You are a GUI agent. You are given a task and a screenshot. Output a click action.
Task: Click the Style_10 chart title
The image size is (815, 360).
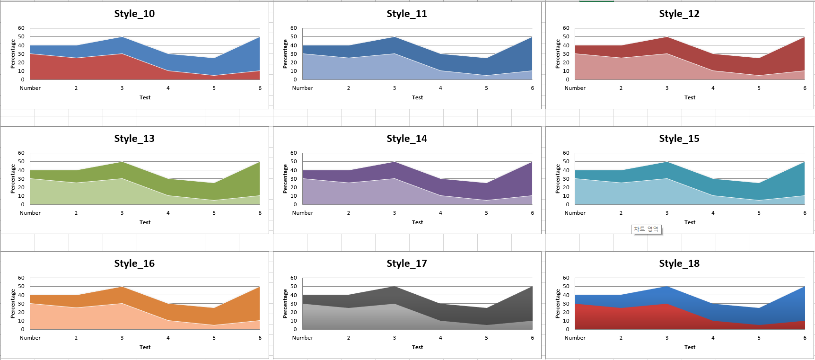click(134, 14)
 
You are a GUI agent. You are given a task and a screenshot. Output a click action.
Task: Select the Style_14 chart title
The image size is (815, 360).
click(407, 139)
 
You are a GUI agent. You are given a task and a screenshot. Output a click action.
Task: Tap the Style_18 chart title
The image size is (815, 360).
click(679, 263)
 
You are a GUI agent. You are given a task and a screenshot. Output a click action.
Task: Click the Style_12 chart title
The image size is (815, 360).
click(679, 14)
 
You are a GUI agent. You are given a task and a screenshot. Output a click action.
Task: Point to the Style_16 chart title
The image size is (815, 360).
click(134, 263)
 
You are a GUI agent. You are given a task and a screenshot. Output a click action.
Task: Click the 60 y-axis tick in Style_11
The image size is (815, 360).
click(294, 28)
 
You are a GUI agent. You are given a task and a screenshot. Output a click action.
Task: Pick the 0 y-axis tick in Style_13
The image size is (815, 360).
click(23, 205)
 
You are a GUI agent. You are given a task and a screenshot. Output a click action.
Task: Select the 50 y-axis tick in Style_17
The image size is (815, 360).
click(294, 286)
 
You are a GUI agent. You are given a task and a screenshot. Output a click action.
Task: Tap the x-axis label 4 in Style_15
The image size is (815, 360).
click(713, 213)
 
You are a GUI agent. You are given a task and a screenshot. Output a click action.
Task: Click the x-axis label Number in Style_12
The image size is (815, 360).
click(575, 88)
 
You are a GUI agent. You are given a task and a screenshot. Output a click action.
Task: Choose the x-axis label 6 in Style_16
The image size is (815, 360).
click(260, 338)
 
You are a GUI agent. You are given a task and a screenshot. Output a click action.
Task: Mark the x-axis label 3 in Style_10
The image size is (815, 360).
click(122, 88)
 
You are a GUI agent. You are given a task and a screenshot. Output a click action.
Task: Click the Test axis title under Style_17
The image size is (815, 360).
click(417, 347)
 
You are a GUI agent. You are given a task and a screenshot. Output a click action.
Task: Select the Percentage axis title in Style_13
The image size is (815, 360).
click(13, 178)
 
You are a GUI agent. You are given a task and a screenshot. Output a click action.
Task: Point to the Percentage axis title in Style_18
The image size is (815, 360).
click(558, 303)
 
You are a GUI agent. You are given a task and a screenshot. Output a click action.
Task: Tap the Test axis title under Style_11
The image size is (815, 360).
click(417, 97)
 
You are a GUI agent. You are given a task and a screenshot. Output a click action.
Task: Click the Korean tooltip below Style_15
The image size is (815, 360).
click(646, 229)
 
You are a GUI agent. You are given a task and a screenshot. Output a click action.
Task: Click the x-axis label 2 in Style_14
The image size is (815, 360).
click(349, 213)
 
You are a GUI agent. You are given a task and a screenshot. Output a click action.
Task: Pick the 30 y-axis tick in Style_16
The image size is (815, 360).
click(21, 304)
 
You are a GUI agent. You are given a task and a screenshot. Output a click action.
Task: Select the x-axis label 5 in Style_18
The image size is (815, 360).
click(759, 338)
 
